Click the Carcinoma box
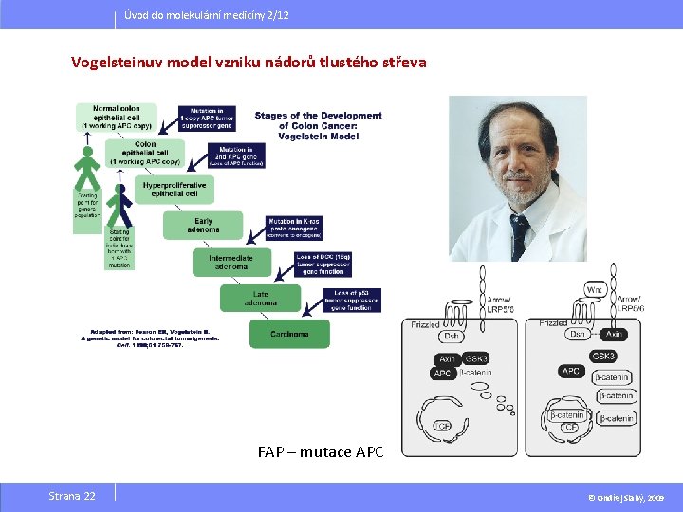289,334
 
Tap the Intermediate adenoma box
231,262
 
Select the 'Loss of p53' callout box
351,301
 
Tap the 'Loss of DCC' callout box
323,264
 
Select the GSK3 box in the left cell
477,359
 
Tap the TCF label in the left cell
441,427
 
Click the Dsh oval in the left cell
452,336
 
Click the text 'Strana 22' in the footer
72,496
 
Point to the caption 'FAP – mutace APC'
321,451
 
